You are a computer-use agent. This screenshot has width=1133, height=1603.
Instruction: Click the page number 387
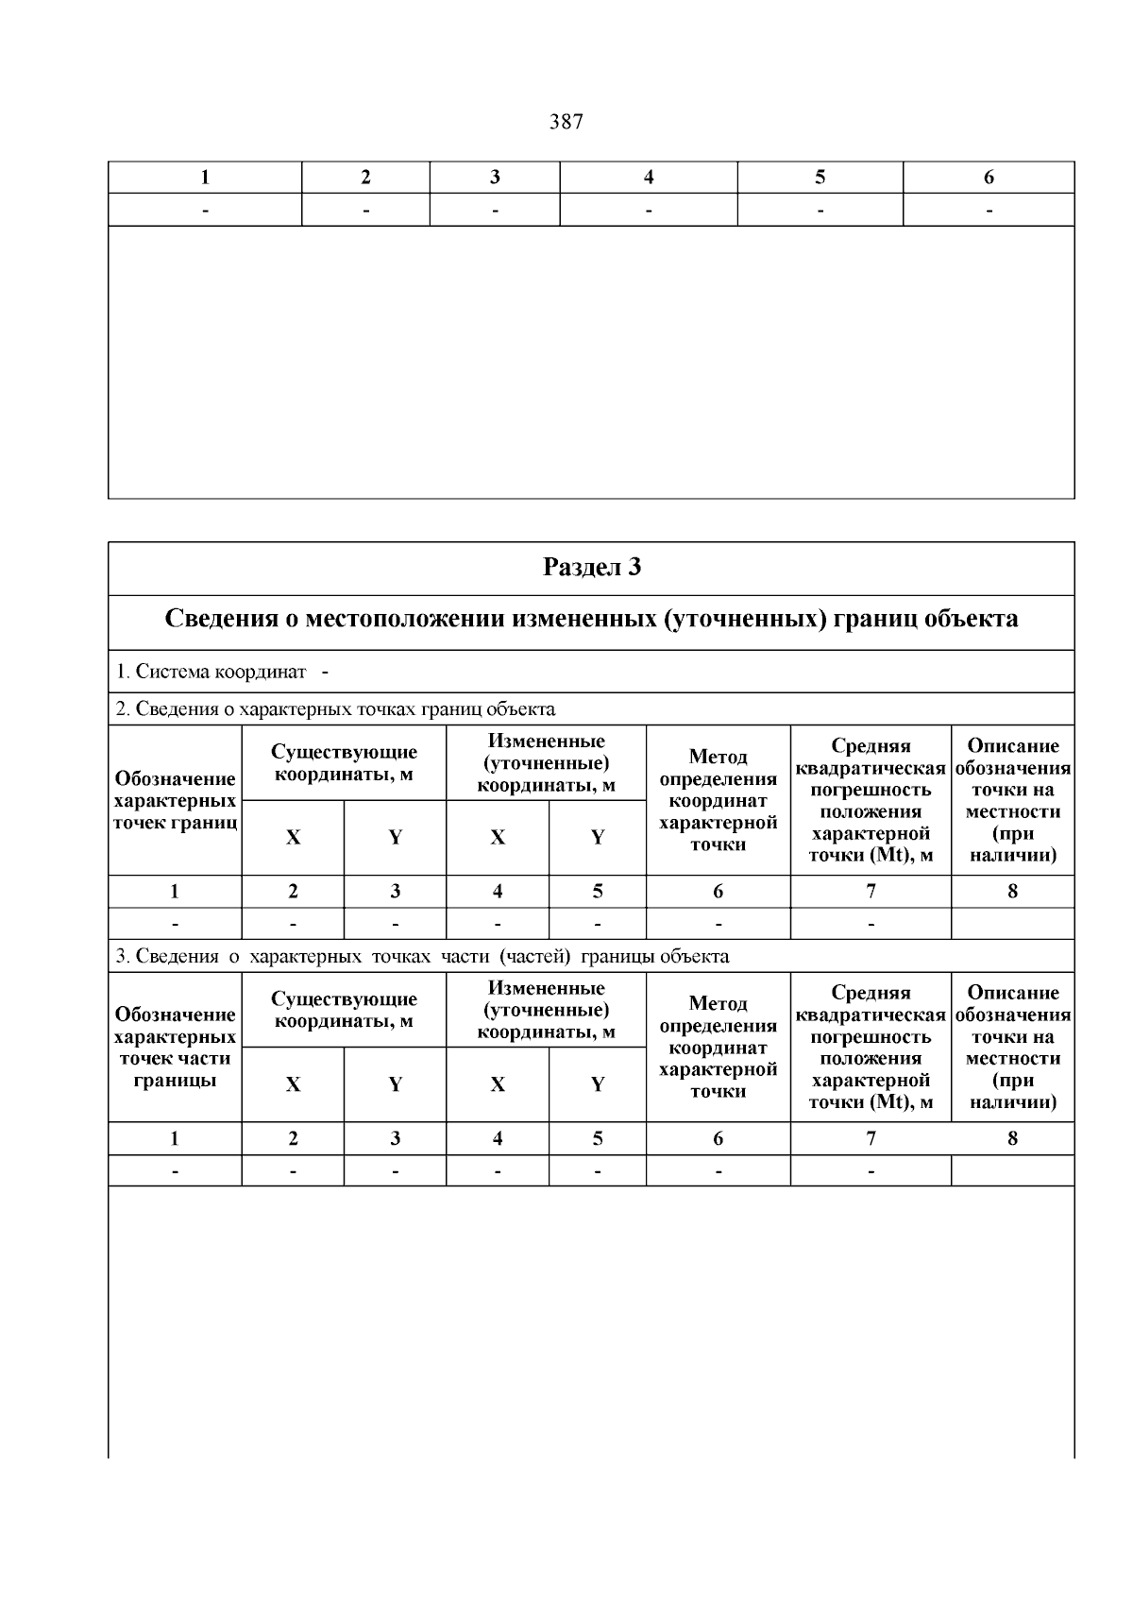coord(566,122)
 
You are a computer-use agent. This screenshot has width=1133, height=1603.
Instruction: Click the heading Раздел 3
coord(591,568)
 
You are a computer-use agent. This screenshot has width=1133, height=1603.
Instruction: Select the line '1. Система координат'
coord(211,672)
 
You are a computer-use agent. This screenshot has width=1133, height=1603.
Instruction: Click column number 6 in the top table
coord(989,177)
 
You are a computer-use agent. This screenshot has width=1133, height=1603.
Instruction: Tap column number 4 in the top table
coord(649,177)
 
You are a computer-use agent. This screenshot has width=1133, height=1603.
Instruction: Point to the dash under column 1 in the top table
coord(205,210)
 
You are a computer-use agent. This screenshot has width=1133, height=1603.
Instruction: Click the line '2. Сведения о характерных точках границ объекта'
coord(335,708)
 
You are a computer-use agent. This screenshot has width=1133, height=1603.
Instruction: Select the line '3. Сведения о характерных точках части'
coord(421,956)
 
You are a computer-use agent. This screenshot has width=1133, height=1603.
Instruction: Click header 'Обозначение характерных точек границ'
coord(175,800)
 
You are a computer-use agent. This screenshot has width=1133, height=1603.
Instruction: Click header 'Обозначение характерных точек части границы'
coord(175,1047)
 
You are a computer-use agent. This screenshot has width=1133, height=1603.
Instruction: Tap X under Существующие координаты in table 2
coord(293,838)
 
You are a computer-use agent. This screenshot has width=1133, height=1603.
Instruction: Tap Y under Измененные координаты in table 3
coord(597,1084)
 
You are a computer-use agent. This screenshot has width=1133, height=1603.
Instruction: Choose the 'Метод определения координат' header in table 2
coord(718,800)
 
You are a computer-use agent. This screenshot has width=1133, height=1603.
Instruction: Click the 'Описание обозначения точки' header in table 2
coord(1012,800)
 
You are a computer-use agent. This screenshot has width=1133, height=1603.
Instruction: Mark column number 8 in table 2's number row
coord(1012,891)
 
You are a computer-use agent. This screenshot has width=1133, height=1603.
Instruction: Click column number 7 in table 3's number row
coord(871,1138)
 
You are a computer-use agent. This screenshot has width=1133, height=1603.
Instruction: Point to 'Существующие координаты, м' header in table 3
coord(344,1010)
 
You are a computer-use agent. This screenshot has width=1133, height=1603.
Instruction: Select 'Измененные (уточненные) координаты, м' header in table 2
coord(546,763)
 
